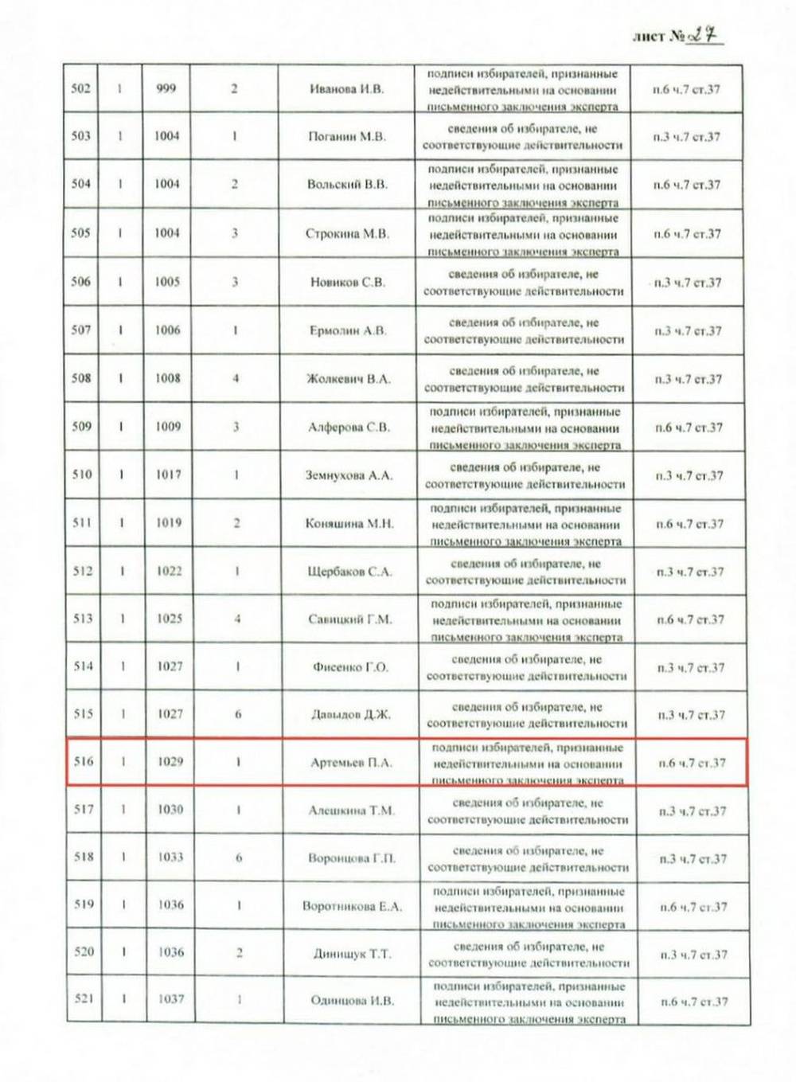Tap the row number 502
pos(81,88)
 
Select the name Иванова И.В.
pos(346,88)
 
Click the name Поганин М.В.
pos(346,136)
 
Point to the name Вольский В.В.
pos(347,184)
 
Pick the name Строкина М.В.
pos(347,233)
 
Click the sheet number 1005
pos(167,282)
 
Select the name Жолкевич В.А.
pos(348,379)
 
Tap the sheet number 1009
pos(168,427)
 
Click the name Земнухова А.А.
pos(349,475)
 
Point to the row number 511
pos(82,523)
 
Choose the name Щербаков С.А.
pos(349,572)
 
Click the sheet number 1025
pos(169,619)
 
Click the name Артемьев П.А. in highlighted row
pos(351,763)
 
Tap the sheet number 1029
pos(170,762)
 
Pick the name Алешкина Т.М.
pos(351,811)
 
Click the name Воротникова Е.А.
pos(352,906)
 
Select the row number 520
pos(84,952)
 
